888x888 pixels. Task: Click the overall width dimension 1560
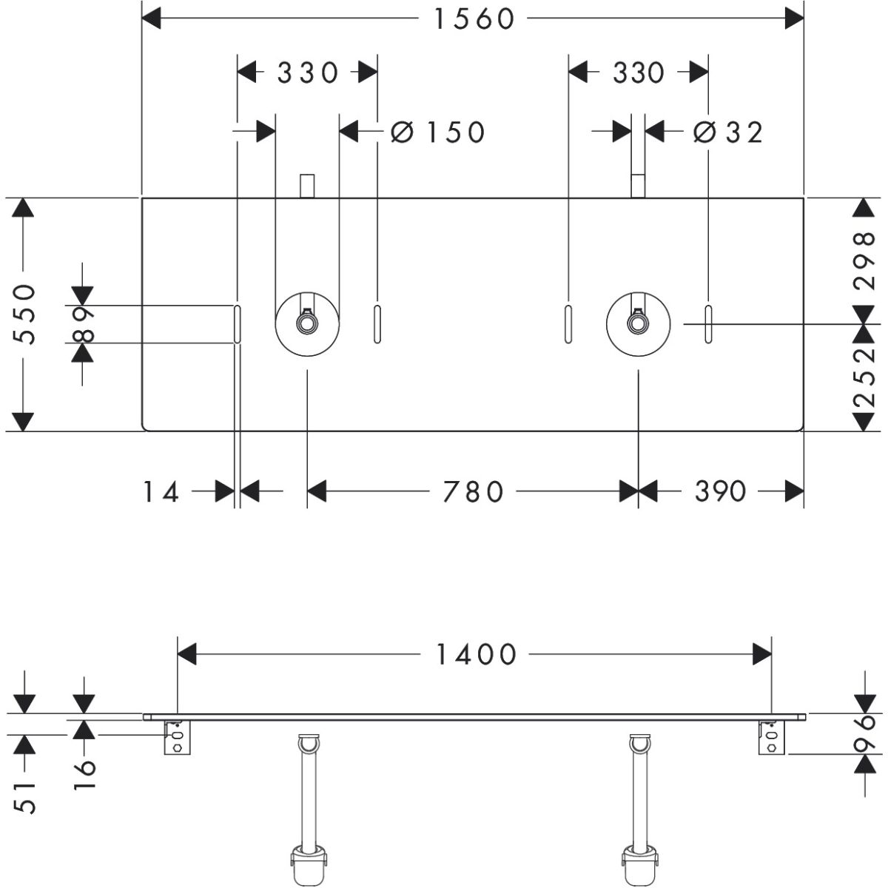tap(474, 19)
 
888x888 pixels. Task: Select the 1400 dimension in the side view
tap(474, 654)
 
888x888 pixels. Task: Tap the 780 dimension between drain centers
tap(474, 491)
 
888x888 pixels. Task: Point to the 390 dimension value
tap(720, 491)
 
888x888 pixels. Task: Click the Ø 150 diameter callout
tap(438, 132)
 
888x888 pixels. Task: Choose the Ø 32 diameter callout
tap(728, 132)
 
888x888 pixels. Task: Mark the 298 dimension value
tap(864, 260)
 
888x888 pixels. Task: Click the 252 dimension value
tap(864, 377)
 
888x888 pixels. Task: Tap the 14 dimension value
tap(161, 491)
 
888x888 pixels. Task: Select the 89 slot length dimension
tap(87, 323)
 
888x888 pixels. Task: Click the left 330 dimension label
tap(308, 73)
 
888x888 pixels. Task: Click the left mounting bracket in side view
tap(177, 738)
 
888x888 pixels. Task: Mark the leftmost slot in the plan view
tap(237, 323)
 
